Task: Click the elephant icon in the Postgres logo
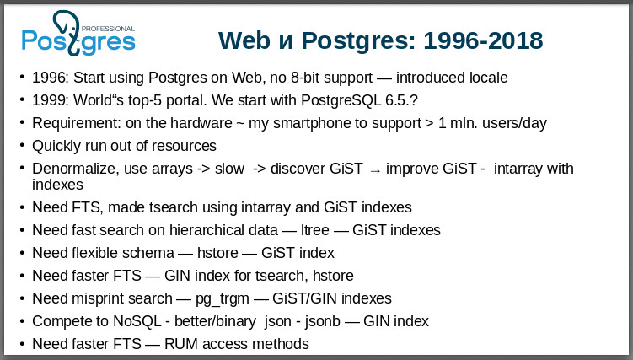[69, 29]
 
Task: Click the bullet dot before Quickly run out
[22, 146]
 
